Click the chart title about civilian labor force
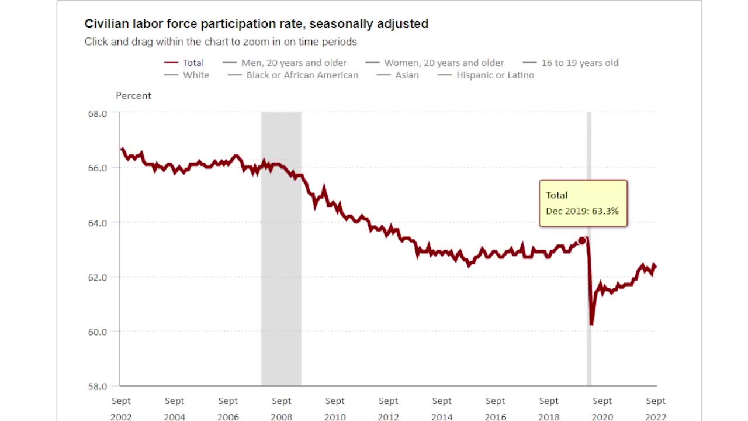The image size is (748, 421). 256,24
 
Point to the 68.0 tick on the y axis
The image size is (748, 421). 98,113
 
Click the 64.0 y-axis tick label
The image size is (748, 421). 98,223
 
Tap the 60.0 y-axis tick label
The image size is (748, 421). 98,332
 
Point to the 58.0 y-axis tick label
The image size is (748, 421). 98,387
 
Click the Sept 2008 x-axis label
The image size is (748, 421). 282,408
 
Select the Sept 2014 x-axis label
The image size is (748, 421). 442,408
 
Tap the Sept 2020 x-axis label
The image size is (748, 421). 602,408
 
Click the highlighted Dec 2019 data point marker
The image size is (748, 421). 582,241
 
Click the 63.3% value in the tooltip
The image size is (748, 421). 605,211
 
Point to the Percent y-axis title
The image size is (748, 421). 133,96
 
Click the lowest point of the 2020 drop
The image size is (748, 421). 591,323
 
